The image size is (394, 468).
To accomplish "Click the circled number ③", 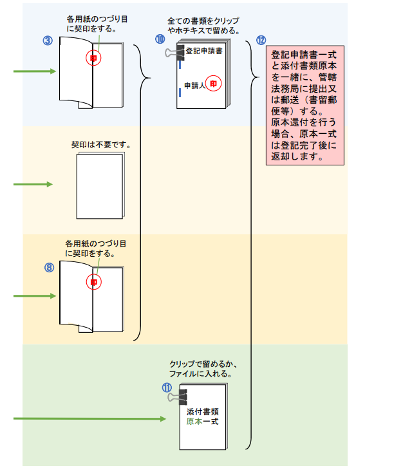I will pyautogui.click(x=47, y=40).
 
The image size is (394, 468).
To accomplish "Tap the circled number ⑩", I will pyautogui.click(x=160, y=39).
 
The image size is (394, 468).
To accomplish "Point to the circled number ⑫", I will pyautogui.click(x=261, y=39).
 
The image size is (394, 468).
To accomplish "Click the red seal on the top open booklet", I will pyautogui.click(x=93, y=58).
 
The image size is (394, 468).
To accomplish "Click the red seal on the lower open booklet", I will pyautogui.click(x=93, y=282).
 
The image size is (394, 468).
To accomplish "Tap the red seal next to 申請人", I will pyautogui.click(x=216, y=84).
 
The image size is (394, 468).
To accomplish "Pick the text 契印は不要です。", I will pyautogui.click(x=101, y=145).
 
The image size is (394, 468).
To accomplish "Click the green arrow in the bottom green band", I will pyautogui.click(x=90, y=419).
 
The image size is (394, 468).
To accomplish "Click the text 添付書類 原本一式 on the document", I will pyautogui.click(x=203, y=416).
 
